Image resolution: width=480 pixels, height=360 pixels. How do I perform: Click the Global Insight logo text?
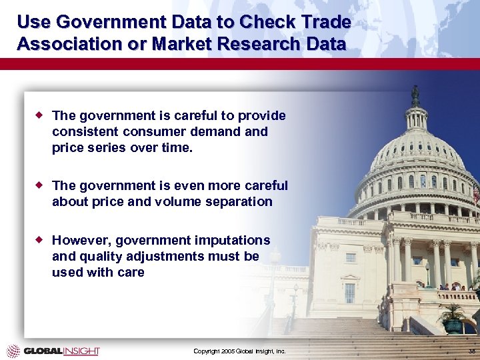(x=61, y=351)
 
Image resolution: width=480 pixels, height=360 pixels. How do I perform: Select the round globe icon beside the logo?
(x=13, y=351)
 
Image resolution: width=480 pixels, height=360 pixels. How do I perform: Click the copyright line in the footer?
(x=239, y=351)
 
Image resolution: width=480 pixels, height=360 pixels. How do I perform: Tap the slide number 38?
(x=471, y=351)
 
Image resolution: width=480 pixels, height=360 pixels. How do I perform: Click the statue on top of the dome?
(x=415, y=95)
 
